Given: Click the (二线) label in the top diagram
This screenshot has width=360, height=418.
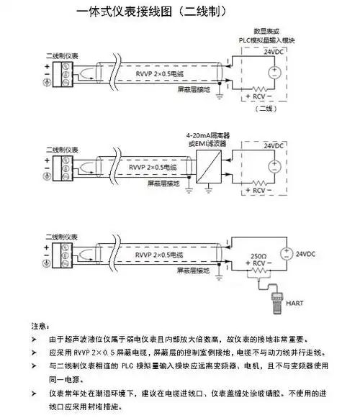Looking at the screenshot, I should (266, 109).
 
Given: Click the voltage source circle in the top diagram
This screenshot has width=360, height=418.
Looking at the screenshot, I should (274, 72).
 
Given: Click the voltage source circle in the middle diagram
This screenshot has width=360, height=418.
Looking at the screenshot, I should (274, 165).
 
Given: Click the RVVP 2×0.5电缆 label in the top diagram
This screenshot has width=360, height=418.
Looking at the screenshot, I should (161, 74).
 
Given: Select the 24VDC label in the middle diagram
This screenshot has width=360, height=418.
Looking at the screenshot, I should (274, 146).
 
